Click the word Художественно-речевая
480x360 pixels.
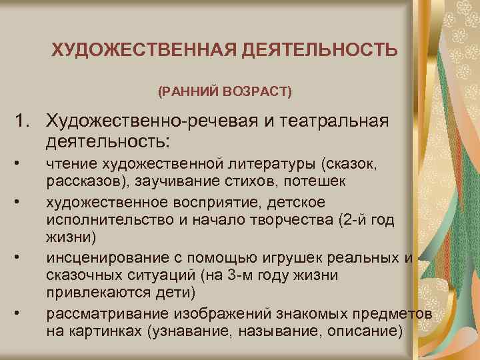point(136,123)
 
